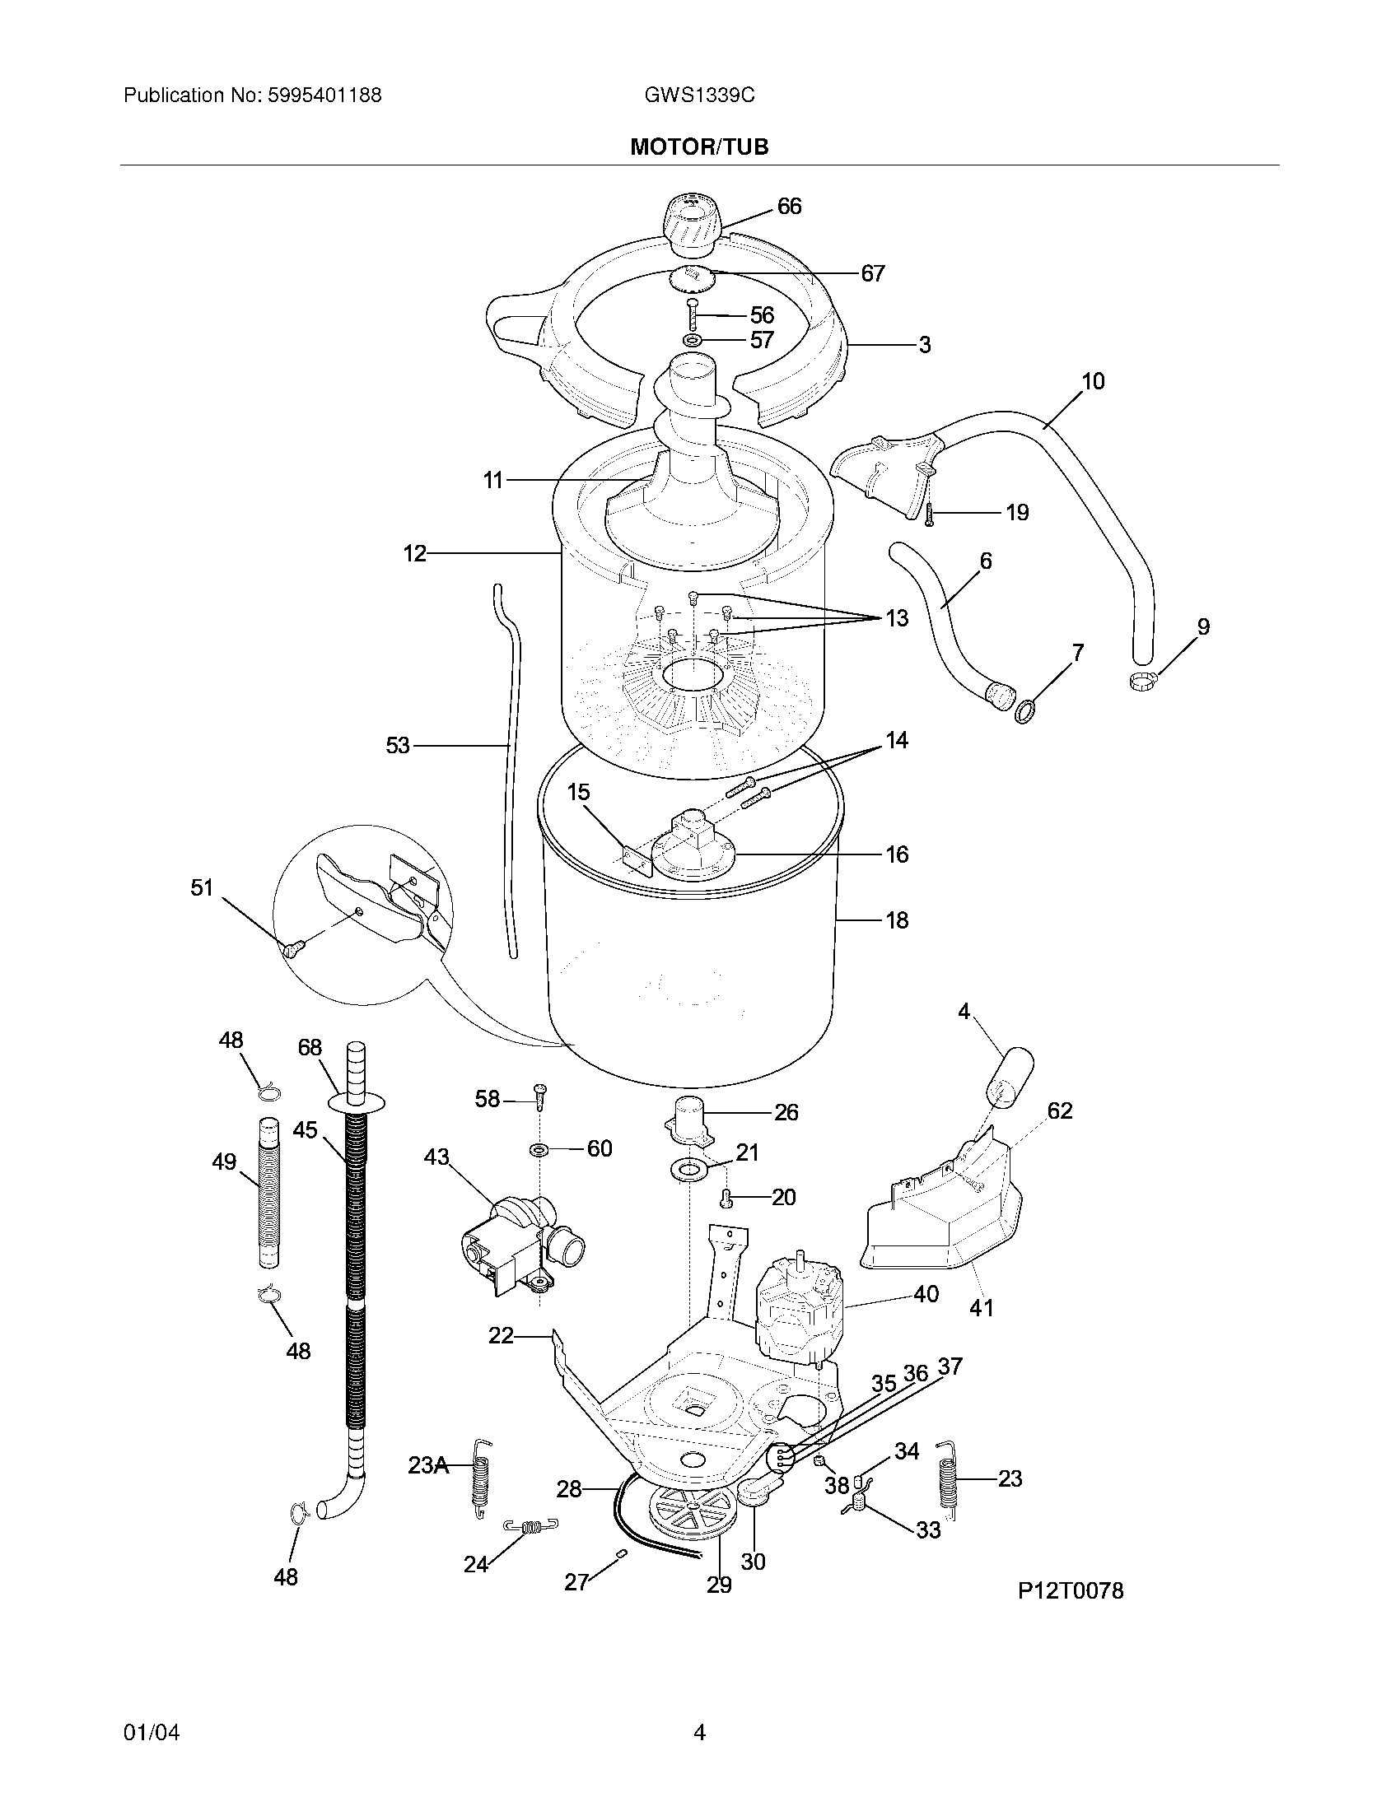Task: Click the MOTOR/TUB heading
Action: pyautogui.click(x=699, y=147)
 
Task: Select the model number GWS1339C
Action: pyautogui.click(x=699, y=95)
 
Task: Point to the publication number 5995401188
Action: pyautogui.click(x=324, y=95)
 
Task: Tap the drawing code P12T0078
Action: pyautogui.click(x=1071, y=1590)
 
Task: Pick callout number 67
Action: pyautogui.click(x=872, y=272)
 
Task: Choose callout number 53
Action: pyautogui.click(x=398, y=746)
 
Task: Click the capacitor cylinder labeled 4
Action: pyautogui.click(x=1010, y=1078)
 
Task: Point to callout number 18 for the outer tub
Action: pyautogui.click(x=898, y=919)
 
